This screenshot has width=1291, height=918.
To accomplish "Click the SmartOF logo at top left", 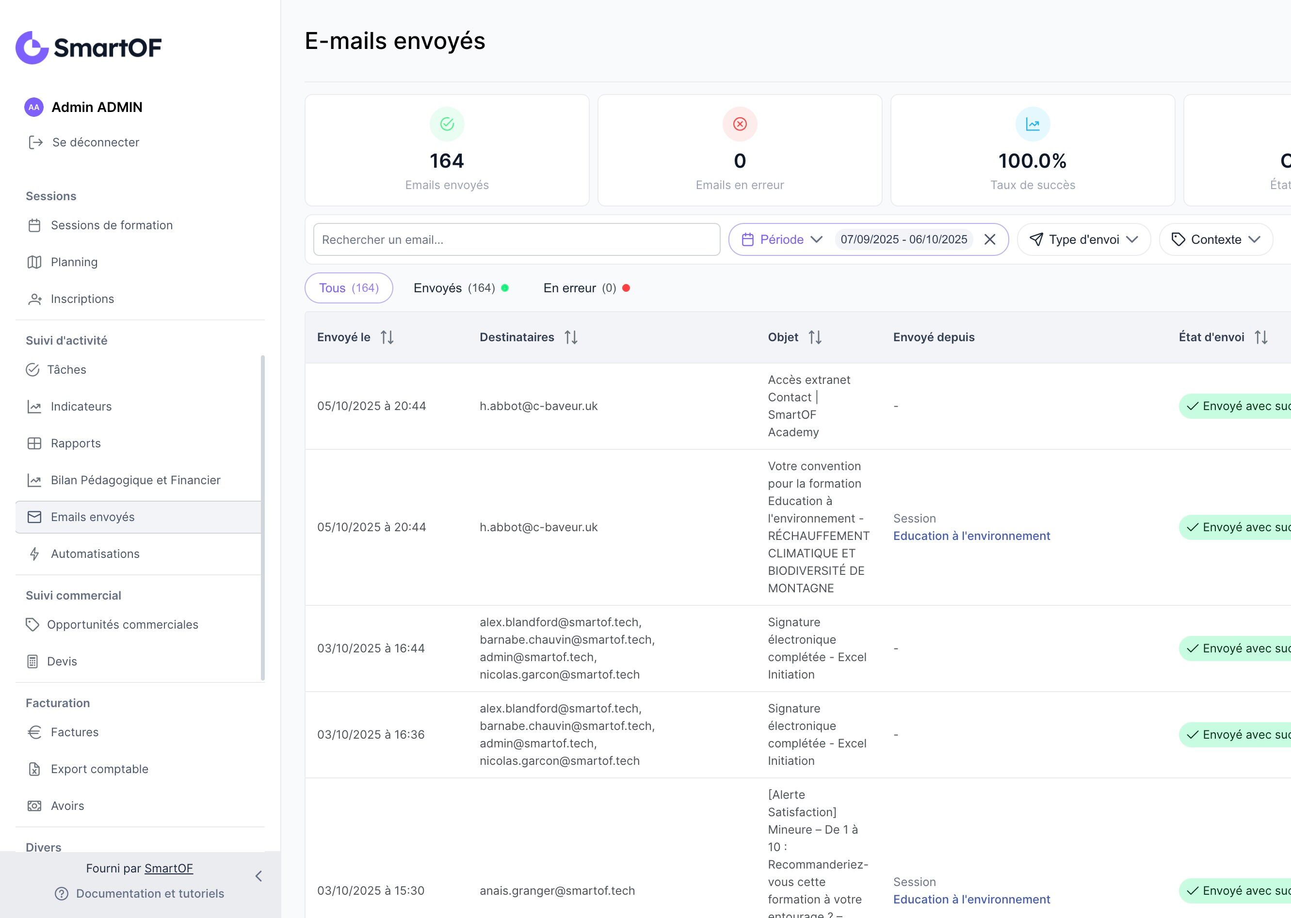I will click(89, 47).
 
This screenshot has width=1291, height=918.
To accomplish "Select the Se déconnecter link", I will click(95, 142).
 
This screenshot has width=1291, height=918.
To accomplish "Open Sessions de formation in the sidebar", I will click(112, 225).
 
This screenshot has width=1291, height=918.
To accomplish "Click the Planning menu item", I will click(74, 262).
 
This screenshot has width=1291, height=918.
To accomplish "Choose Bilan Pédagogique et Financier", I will click(135, 480).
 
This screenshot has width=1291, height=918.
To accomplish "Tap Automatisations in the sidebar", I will click(95, 554).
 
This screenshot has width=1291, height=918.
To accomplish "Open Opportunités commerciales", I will click(122, 625).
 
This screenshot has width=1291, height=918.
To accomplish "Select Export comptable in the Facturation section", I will click(99, 769).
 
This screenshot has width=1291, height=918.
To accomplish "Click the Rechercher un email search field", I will click(516, 239).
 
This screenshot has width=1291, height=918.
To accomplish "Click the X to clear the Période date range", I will click(990, 239).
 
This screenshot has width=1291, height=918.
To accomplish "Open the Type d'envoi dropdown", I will click(1083, 239).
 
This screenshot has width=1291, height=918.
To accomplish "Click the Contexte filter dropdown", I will click(1216, 239).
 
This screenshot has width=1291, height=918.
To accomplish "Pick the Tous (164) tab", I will click(348, 288).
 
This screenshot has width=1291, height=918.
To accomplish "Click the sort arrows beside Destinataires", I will click(571, 337).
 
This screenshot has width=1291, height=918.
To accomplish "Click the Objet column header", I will click(783, 337).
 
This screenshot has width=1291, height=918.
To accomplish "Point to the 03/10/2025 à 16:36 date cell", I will click(371, 735).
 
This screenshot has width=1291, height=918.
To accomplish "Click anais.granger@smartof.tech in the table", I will click(557, 891).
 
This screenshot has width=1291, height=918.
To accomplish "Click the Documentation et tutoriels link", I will click(150, 894).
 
